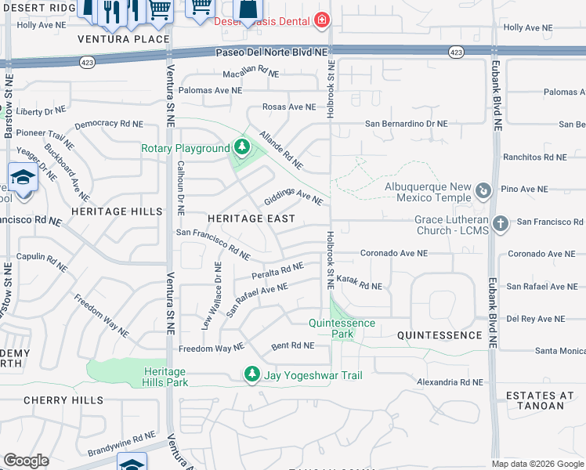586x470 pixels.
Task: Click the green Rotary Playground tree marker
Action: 242,148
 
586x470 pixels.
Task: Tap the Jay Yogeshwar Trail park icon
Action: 252,375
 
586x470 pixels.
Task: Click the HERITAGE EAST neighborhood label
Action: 251,219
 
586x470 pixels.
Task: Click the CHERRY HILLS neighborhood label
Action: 63,400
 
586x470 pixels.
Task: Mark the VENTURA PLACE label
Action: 124,39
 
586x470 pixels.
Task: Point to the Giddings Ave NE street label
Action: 294,195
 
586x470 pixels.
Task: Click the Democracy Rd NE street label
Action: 109,125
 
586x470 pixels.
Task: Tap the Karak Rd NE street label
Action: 359,285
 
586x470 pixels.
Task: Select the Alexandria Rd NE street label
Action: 450,382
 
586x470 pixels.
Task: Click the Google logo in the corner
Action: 27,461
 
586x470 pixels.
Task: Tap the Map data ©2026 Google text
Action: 537,464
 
